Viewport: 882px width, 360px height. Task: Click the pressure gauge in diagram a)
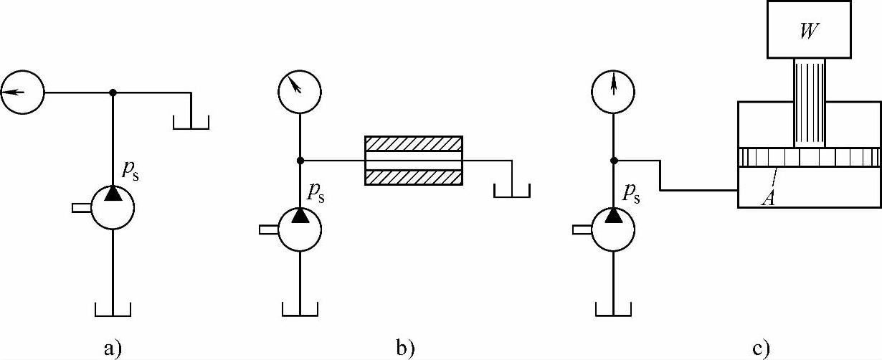22,92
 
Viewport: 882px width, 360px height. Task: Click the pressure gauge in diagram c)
614,92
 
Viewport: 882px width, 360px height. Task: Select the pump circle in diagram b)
300,229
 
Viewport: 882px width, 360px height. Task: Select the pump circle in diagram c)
614,229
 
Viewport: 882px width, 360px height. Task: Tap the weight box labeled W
809,29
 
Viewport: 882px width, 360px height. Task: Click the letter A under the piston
767,199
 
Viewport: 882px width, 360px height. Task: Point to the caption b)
406,349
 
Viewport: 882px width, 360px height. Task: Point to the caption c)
761,349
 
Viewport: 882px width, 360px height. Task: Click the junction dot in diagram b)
300,161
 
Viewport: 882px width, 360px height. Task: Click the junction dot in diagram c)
614,161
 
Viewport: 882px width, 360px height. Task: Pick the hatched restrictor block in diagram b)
414,161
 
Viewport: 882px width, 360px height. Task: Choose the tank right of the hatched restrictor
511,190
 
